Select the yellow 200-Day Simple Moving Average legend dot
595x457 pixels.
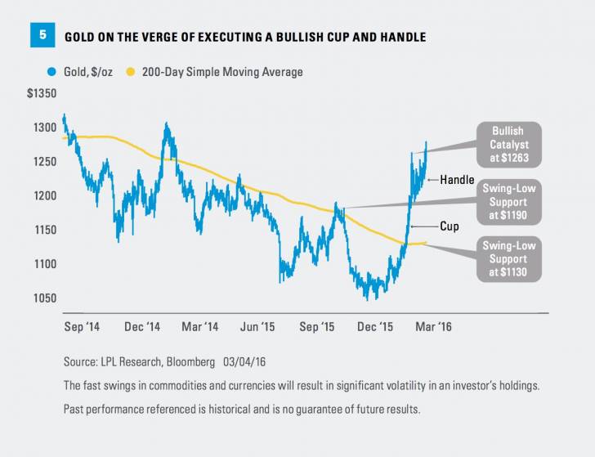pyautogui.click(x=129, y=72)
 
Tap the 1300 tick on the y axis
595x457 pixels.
pyautogui.click(x=47, y=128)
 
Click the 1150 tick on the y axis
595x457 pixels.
pyautogui.click(x=47, y=230)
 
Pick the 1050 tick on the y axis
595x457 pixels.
pyautogui.click(x=47, y=298)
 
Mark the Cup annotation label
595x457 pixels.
pyautogui.click(x=449, y=226)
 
